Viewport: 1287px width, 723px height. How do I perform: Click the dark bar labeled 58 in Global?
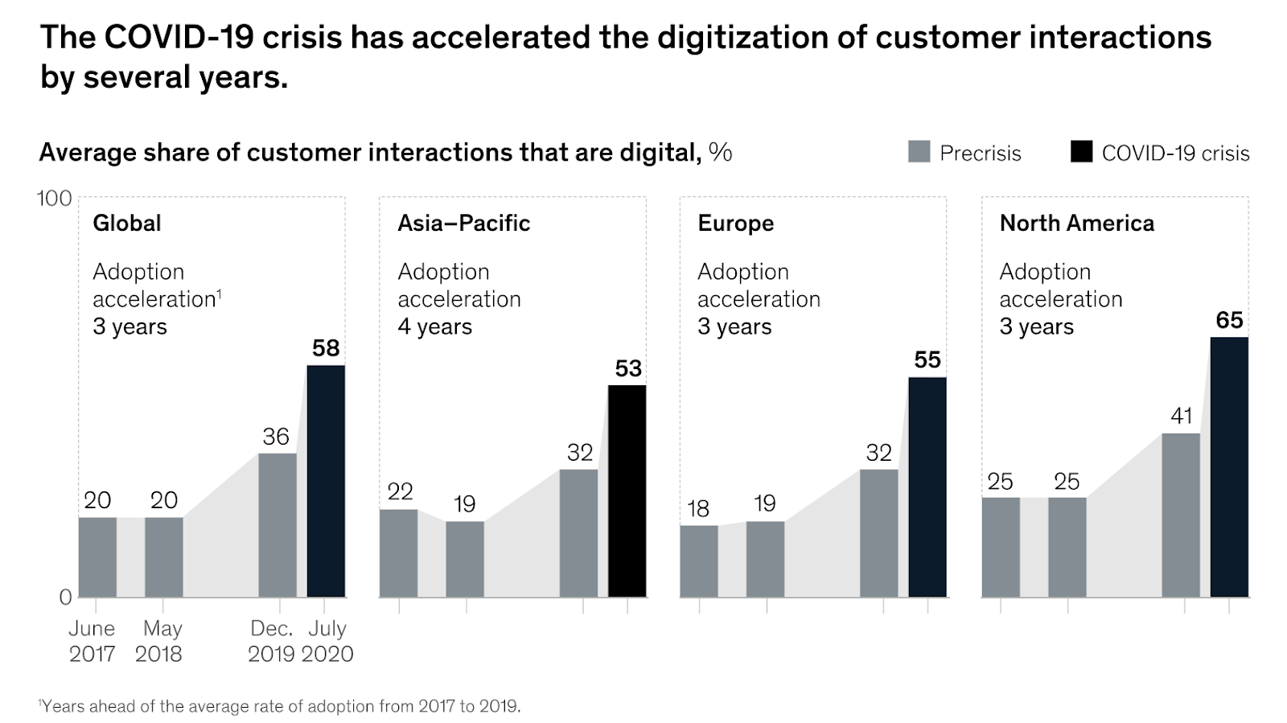[x=326, y=481]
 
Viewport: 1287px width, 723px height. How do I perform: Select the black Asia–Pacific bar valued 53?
[x=627, y=491]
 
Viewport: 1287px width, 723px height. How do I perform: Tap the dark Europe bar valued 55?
[x=927, y=487]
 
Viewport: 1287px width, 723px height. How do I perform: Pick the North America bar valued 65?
[x=1229, y=466]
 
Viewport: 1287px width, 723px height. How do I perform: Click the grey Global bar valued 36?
[x=277, y=524]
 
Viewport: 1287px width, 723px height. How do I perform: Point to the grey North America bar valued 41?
[x=1181, y=515]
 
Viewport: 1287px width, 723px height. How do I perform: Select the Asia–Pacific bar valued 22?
[x=398, y=553]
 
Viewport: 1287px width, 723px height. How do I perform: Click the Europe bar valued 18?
[x=699, y=561]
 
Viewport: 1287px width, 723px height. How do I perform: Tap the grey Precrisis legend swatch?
[x=919, y=152]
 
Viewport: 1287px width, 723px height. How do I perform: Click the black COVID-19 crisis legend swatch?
[x=1081, y=152]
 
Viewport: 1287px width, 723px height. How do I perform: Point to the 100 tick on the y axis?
[x=54, y=198]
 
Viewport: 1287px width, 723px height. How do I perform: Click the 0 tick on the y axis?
[x=65, y=597]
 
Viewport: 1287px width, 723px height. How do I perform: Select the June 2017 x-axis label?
[x=92, y=641]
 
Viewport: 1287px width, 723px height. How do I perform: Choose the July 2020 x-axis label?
[x=327, y=641]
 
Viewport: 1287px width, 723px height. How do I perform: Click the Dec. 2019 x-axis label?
[x=273, y=641]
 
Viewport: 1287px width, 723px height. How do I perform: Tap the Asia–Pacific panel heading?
[x=463, y=223]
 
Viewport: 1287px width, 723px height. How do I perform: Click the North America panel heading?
[x=1076, y=223]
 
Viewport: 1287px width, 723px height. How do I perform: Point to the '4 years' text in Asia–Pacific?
[x=434, y=327]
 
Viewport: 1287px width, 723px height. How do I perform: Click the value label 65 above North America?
[x=1229, y=320]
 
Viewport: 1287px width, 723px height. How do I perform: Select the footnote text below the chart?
[x=280, y=706]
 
